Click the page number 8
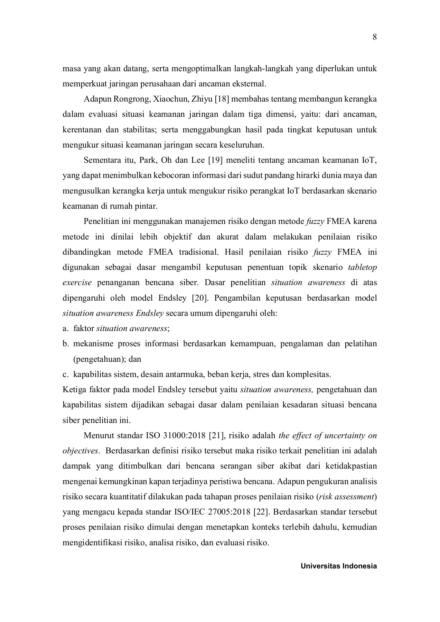tap(375, 38)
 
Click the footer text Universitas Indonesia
tap(338, 566)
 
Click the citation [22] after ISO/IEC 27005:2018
tap(261, 512)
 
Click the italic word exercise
tap(77, 283)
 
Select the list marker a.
tap(65, 329)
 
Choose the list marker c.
tap(65, 374)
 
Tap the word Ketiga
tap(73, 390)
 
